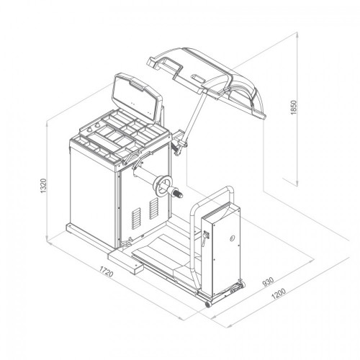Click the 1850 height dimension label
tap(294, 107)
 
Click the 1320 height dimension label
tap(43, 186)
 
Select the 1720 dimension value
tap(106, 271)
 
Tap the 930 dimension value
tap(268, 282)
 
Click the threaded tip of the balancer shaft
tap(178, 194)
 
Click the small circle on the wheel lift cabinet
tap(232, 238)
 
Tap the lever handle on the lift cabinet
tap(205, 237)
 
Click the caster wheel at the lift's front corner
tap(208, 304)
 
